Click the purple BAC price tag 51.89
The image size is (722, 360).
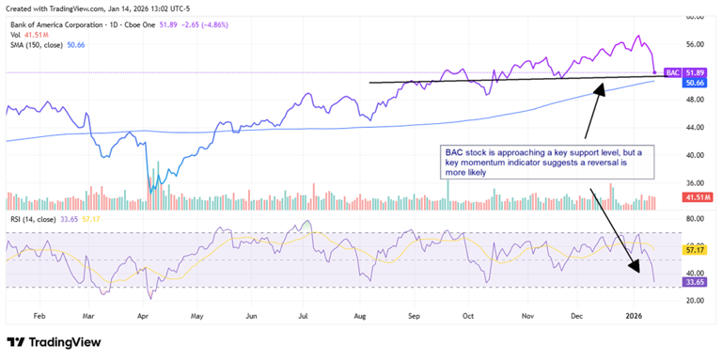pos(694,71)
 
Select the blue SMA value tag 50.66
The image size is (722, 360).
pos(694,83)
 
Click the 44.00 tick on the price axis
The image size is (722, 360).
pos(695,127)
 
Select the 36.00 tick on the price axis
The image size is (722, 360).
pos(695,182)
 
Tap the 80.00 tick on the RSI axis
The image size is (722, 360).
pos(695,218)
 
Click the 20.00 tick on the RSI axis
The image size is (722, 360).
pos(695,300)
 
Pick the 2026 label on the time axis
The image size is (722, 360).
pos(636,318)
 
